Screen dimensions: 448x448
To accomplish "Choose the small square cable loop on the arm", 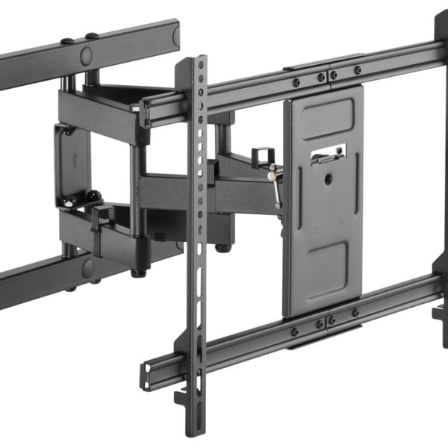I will pyautogui.click(x=260, y=158).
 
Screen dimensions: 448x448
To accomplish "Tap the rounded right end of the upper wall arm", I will pyautogui.click(x=176, y=34).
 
